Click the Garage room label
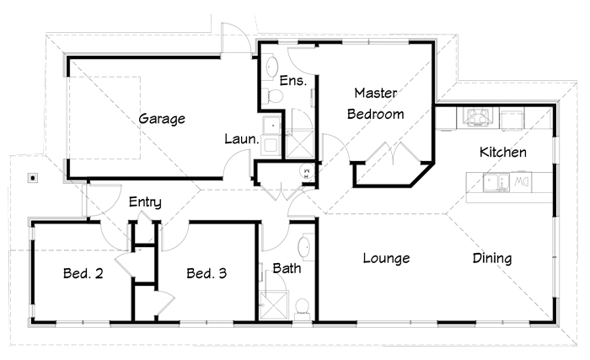pyautogui.click(x=162, y=119)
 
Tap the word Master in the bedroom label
pyautogui.click(x=376, y=93)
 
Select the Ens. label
pyautogui.click(x=293, y=81)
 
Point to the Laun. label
pyautogui.click(x=242, y=139)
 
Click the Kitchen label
pyautogui.click(x=503, y=152)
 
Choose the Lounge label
pyautogui.click(x=386, y=258)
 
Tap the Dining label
pyautogui.click(x=492, y=258)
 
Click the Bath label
pyautogui.click(x=287, y=268)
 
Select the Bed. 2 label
pyautogui.click(x=83, y=273)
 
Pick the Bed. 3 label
pyautogui.click(x=206, y=273)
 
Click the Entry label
pyautogui.click(x=145, y=202)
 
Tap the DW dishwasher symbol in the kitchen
pyautogui.click(x=521, y=182)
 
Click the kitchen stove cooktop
pyautogui.click(x=477, y=116)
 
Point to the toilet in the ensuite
pyautogui.click(x=273, y=96)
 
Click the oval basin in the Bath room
pyautogui.click(x=304, y=248)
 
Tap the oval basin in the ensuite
pyautogui.click(x=271, y=67)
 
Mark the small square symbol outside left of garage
pyautogui.click(x=33, y=178)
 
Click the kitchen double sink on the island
pyautogui.click(x=496, y=183)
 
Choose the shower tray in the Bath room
pyautogui.click(x=274, y=306)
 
